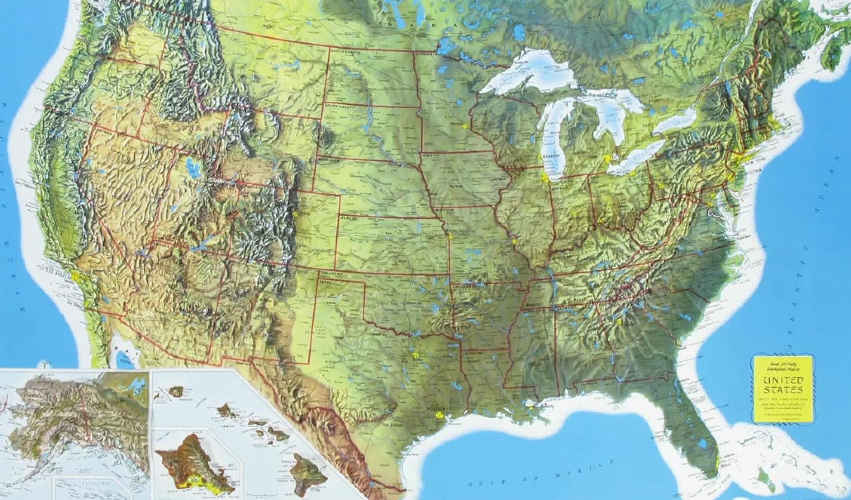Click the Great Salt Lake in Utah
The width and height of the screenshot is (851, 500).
click(x=191, y=166)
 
